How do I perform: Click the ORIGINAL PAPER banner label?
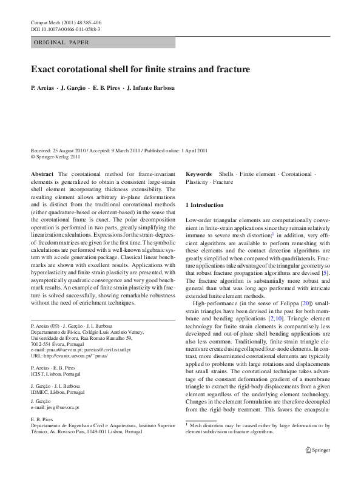[61, 42]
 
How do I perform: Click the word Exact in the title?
[44, 70]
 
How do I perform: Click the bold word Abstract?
[42, 174]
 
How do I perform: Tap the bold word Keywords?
[198, 174]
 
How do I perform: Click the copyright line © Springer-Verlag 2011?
[55, 156]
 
